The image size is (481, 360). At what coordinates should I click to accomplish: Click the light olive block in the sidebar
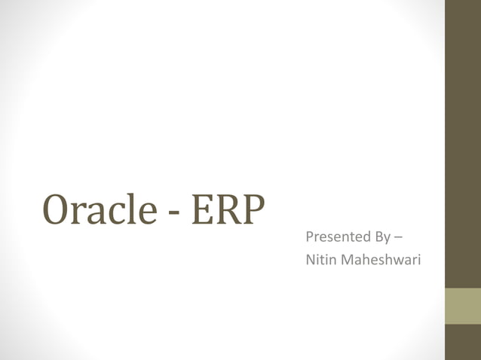(462, 306)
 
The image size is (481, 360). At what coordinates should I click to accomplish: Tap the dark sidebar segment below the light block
(462, 342)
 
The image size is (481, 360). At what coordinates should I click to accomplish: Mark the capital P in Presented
(309, 238)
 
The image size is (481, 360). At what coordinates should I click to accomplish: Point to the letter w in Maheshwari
(395, 261)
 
